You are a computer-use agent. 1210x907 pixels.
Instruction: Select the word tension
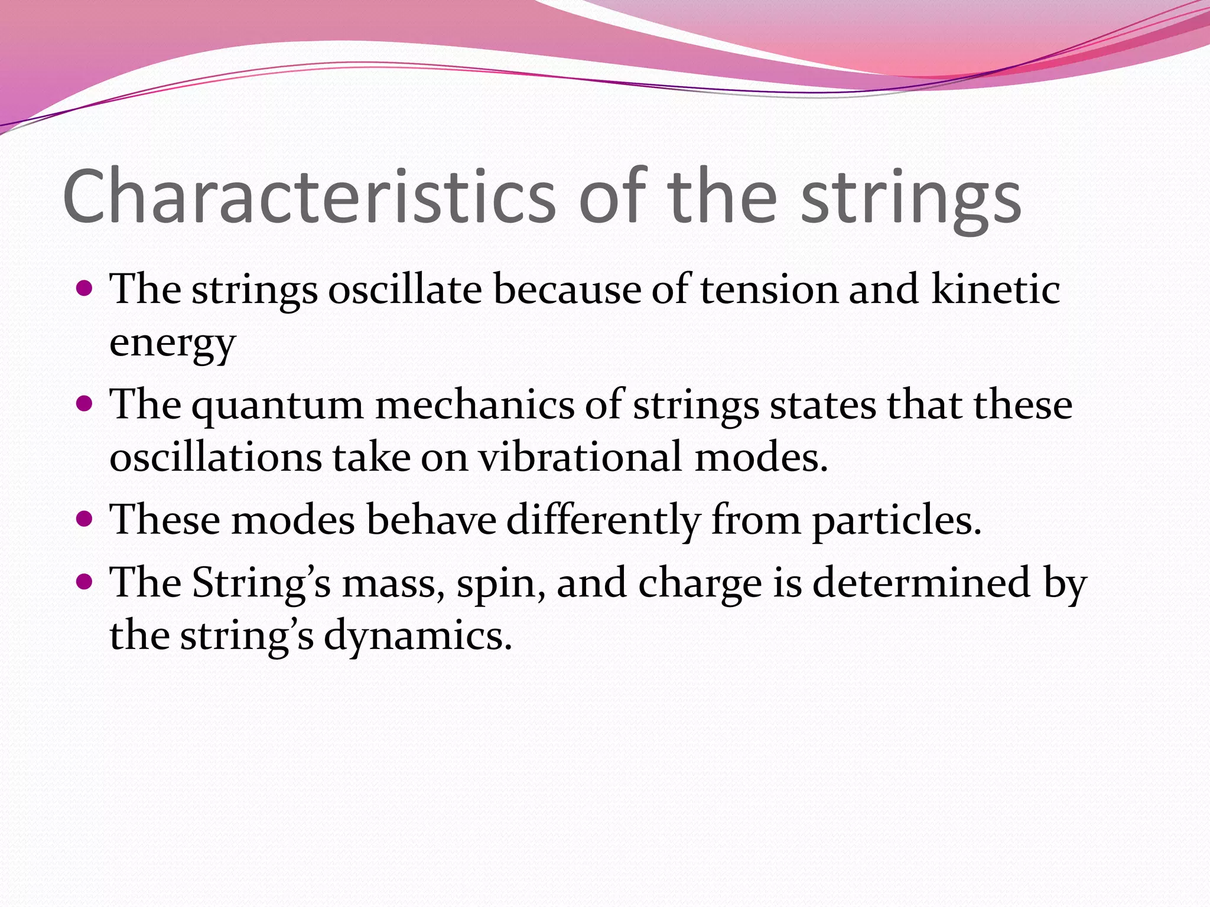(x=769, y=290)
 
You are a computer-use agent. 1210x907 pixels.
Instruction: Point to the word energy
(x=173, y=344)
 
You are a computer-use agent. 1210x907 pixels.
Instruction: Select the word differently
(x=603, y=521)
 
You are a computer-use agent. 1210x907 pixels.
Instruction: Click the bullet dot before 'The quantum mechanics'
(x=85, y=404)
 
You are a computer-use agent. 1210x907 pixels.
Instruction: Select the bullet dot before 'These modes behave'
(x=85, y=519)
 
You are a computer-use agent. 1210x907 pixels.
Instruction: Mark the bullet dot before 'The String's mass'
(x=85, y=582)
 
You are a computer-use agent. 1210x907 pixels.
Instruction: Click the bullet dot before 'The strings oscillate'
(x=85, y=289)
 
